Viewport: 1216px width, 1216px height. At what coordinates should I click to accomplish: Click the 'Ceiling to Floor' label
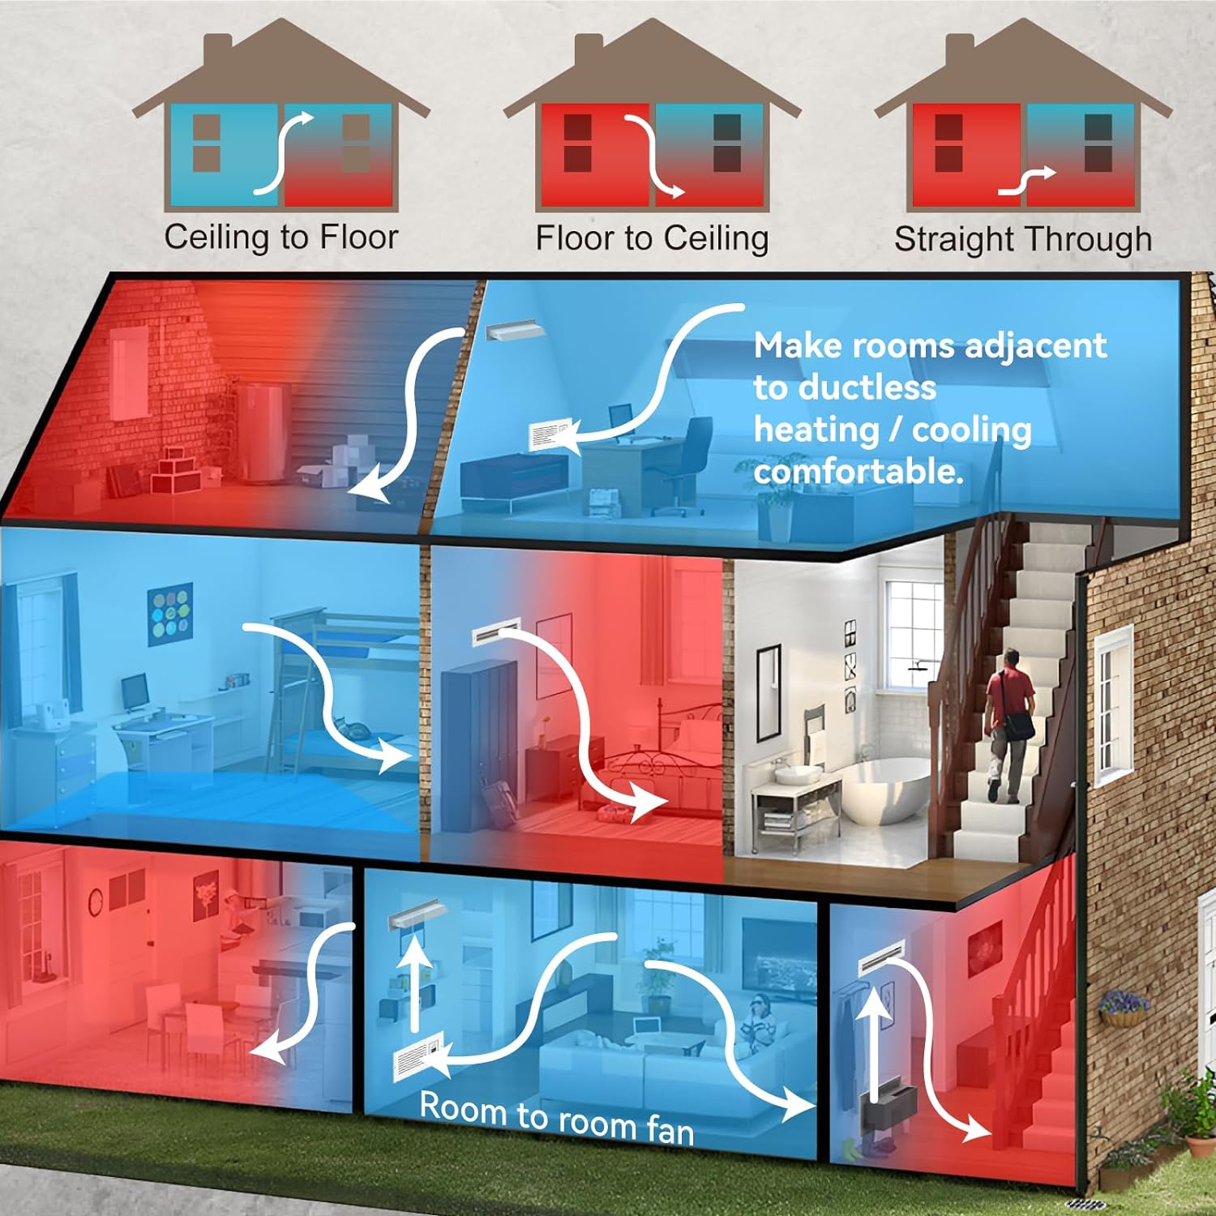point(281,238)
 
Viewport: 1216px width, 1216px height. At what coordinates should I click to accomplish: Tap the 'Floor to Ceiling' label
point(652,238)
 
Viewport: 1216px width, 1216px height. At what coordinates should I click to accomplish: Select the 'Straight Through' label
point(1022,239)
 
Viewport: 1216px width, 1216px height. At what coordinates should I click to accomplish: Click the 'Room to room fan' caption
point(557,1118)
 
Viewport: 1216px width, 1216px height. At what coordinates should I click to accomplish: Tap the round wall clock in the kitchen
point(96,898)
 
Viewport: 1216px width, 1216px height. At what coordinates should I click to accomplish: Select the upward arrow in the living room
point(415,981)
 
